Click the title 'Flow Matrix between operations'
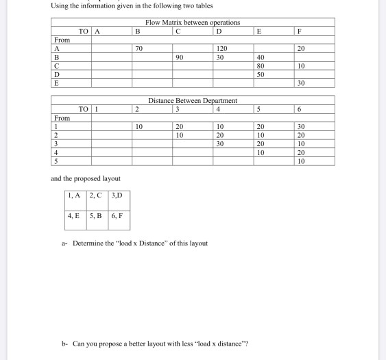click(x=193, y=23)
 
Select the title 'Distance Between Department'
click(x=193, y=100)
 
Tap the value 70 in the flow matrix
click(x=138, y=49)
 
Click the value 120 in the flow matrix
click(x=221, y=49)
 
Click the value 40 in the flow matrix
click(x=260, y=58)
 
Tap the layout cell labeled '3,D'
click(x=117, y=195)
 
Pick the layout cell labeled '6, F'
click(x=117, y=215)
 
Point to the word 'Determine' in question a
click(x=88, y=243)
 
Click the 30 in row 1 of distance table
click(x=301, y=127)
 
